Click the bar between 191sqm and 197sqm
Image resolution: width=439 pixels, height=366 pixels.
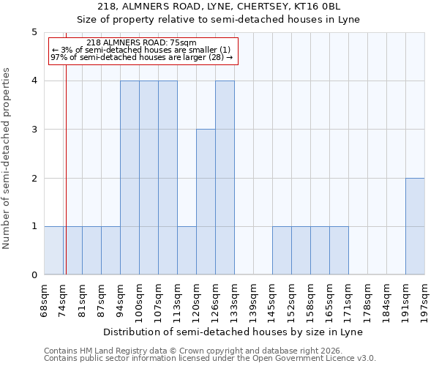tap(415, 226)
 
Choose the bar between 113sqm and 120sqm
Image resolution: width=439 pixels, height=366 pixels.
tap(187, 250)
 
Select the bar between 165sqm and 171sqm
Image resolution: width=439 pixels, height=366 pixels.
tap(339, 250)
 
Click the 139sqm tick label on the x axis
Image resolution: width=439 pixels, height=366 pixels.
tap(254, 299)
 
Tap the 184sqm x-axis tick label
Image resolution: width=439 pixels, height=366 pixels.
tap(387, 299)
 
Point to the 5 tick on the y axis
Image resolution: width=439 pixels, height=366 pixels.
tap(34, 32)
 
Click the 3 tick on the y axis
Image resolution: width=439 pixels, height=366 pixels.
tap(34, 130)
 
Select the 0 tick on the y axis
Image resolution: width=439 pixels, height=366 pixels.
tap(34, 275)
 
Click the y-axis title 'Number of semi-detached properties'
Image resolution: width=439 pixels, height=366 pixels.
tap(7, 158)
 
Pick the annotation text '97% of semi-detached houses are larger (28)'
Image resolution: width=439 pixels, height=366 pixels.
tap(141, 57)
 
